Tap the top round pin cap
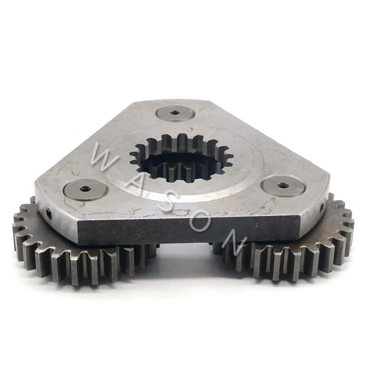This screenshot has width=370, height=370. pyautogui.click(x=175, y=113)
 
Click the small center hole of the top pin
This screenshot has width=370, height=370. pyautogui.click(x=175, y=112)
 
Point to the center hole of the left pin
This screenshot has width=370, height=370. pyautogui.click(x=84, y=189)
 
